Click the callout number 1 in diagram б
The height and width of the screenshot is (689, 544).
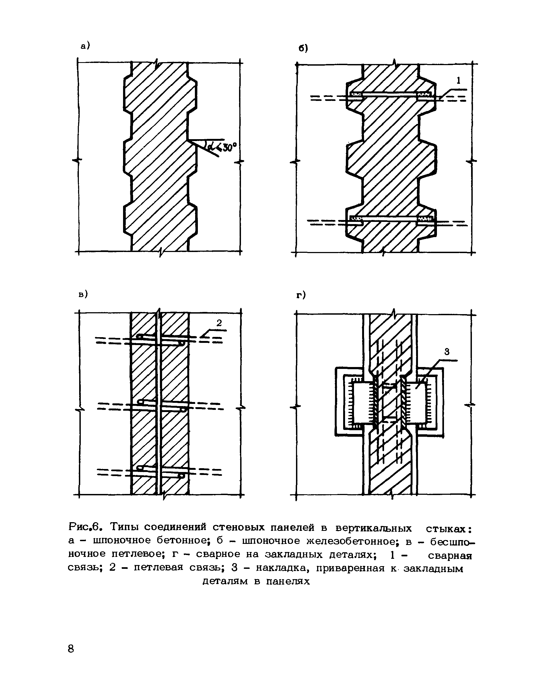[458, 81]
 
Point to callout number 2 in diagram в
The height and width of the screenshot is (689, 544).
[219, 323]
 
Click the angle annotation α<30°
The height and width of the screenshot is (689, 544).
[224, 147]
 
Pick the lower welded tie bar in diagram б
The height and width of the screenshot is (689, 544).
[390, 219]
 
